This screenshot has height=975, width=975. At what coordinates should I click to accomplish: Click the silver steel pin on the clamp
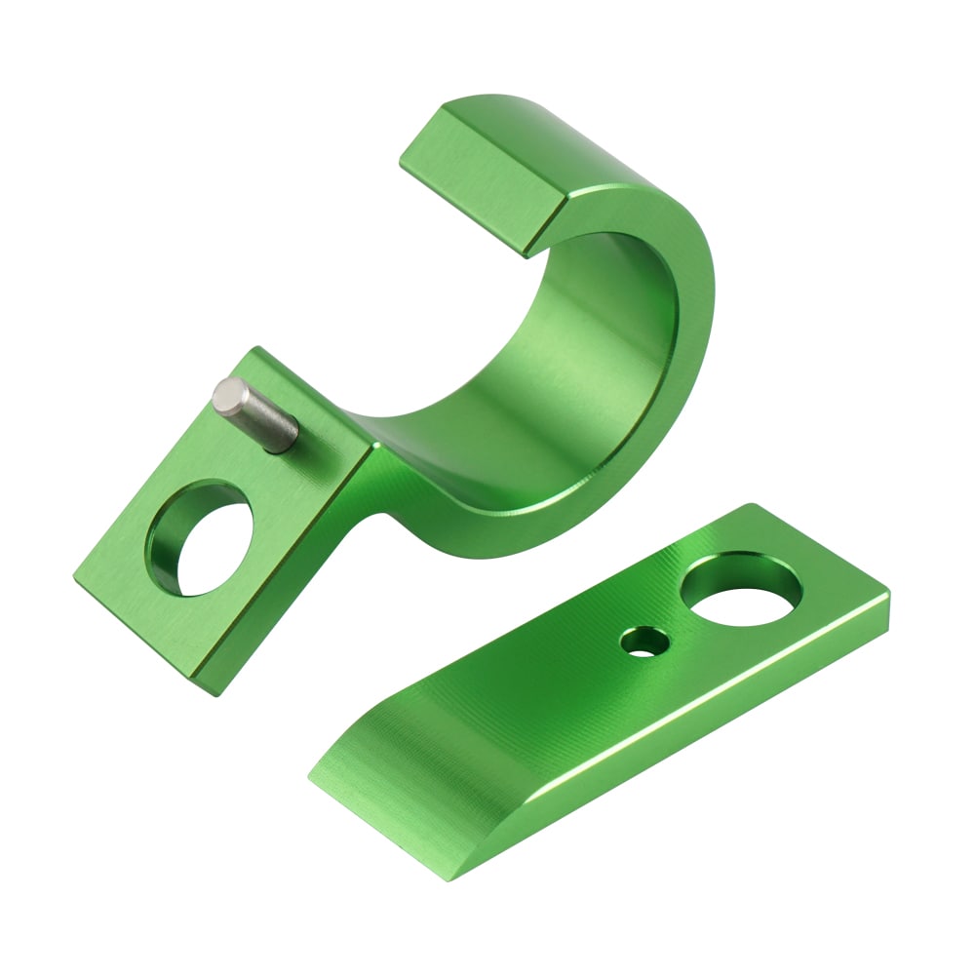click(258, 416)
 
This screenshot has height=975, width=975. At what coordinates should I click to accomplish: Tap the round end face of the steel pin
click(230, 396)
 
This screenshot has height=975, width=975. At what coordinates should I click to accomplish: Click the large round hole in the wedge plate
click(741, 589)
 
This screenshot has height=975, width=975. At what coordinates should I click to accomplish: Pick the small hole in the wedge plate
click(643, 642)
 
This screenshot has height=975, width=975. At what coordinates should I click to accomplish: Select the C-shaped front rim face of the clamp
click(673, 390)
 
